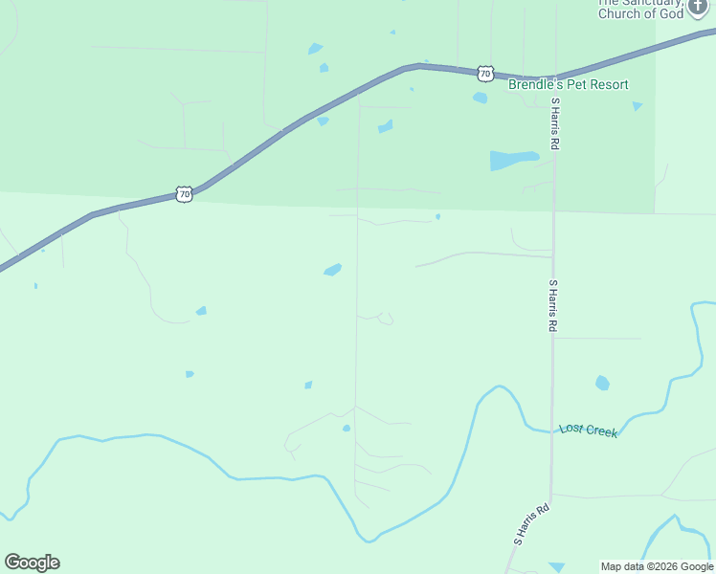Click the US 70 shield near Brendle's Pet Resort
[485, 73]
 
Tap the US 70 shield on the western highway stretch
[185, 194]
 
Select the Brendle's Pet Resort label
[568, 85]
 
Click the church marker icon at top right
[699, 7]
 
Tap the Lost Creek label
[589, 431]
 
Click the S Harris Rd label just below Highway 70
[554, 122]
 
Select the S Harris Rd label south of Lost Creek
[531, 524]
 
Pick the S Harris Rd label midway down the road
[552, 305]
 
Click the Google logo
[32, 563]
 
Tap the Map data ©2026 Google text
[657, 566]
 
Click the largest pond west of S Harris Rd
[512, 160]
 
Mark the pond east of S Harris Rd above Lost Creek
[602, 383]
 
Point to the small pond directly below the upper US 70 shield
[480, 97]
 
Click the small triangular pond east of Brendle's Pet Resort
[638, 105]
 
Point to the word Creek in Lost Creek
[602, 432]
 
